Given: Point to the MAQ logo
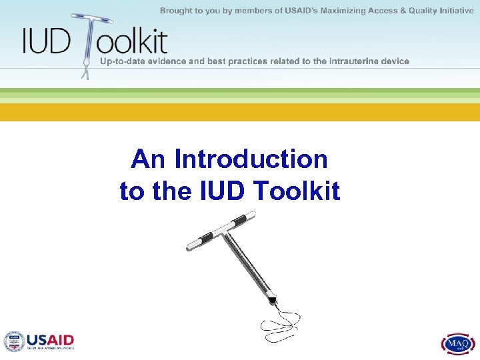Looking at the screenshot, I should coord(457,343).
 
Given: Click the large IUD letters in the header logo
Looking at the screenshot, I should coord(45,41).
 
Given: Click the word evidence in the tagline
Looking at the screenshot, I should coord(173,61).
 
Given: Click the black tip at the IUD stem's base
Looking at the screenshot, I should coord(272,301).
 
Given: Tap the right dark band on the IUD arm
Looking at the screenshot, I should coord(237,219).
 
